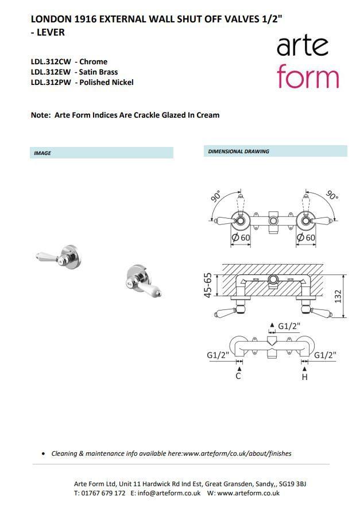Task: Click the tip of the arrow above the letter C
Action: coord(239,367)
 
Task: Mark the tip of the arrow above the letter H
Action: coord(304,367)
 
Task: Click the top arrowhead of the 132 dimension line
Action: coord(343,276)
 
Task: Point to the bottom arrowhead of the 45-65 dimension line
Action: coord(216,296)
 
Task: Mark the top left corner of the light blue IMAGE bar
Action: coord(30,148)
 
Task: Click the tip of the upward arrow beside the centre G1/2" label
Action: coord(272,323)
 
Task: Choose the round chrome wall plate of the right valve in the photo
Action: coord(140,273)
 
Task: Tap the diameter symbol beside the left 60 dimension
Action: coord(235,238)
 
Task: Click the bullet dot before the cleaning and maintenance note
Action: coord(44,454)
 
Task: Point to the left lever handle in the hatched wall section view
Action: coord(226,313)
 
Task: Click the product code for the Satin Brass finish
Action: coord(51,72)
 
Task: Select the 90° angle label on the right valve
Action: coord(331,195)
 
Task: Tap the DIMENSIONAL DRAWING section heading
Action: coord(238,152)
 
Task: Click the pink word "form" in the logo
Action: coord(308,76)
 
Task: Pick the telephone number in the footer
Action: coord(103,493)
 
